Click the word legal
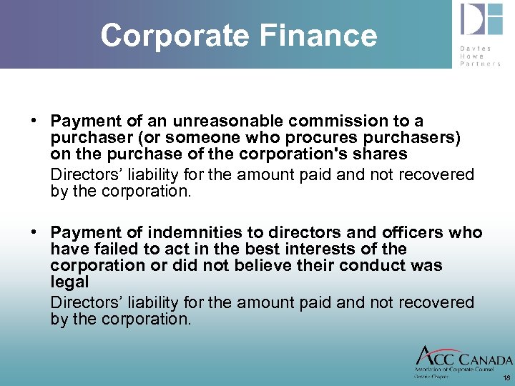point(69,282)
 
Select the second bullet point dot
point(34,233)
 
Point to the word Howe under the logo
point(472,56)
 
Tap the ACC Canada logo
point(463,361)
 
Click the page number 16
point(506,377)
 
